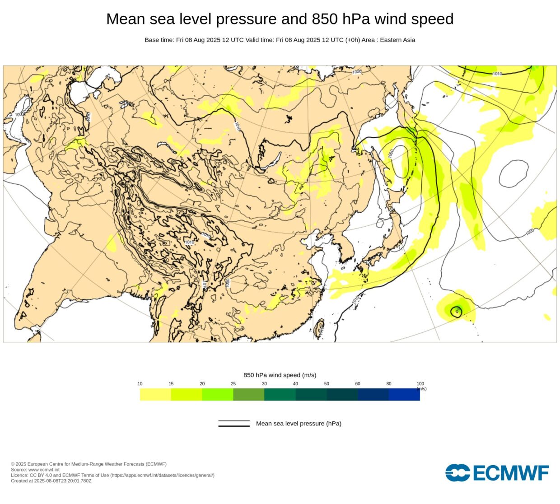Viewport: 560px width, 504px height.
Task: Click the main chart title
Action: (x=280, y=19)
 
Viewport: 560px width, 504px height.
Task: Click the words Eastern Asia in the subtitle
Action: (x=397, y=40)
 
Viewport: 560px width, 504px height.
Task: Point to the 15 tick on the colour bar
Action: (x=171, y=384)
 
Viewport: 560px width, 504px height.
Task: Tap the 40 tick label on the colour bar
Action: (x=295, y=384)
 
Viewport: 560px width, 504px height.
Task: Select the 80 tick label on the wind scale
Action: (x=389, y=384)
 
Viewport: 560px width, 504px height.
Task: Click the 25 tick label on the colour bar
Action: (x=233, y=384)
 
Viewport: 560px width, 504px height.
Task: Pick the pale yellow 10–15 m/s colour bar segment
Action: (x=155, y=394)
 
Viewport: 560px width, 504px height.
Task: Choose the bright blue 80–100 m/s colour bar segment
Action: (x=404, y=394)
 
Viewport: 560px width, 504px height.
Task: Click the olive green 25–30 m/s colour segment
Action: (x=248, y=394)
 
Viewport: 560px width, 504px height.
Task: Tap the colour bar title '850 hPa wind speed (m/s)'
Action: (x=280, y=375)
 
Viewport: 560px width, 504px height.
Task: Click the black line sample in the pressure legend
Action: (x=234, y=424)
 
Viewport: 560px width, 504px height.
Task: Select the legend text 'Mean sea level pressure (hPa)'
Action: (x=299, y=424)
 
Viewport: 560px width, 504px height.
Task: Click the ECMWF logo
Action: (x=497, y=473)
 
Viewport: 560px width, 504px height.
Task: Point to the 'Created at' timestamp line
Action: (x=51, y=481)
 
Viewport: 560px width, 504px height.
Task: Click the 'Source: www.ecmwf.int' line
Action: (x=35, y=470)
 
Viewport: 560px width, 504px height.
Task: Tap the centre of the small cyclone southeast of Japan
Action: (x=457, y=311)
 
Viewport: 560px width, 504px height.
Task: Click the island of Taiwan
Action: (x=319, y=328)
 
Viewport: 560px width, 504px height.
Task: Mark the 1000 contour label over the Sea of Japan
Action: (x=391, y=153)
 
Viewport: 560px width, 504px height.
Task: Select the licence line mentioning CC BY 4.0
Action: (x=112, y=475)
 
